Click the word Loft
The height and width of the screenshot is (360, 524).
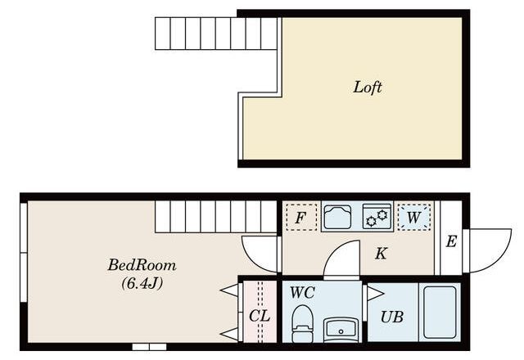(368, 88)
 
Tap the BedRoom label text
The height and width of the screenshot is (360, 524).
(142, 265)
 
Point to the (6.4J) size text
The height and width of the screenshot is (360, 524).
(142, 284)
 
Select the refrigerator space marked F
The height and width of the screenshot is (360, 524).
(301, 218)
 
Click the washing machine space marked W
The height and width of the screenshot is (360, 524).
(413, 217)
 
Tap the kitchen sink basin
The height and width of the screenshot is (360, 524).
(337, 217)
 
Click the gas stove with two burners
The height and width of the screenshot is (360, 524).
(377, 217)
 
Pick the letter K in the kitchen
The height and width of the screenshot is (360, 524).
(381, 254)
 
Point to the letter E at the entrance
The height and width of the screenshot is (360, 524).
(451, 241)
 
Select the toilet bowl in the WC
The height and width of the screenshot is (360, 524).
(302, 324)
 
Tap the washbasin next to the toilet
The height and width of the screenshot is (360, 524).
(341, 331)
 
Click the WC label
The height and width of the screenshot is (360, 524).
(302, 293)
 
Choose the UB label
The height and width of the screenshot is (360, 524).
(391, 317)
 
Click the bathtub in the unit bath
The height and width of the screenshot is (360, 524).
(440, 312)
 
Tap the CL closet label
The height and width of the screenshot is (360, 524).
(260, 316)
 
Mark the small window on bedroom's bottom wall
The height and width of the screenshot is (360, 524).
(149, 347)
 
